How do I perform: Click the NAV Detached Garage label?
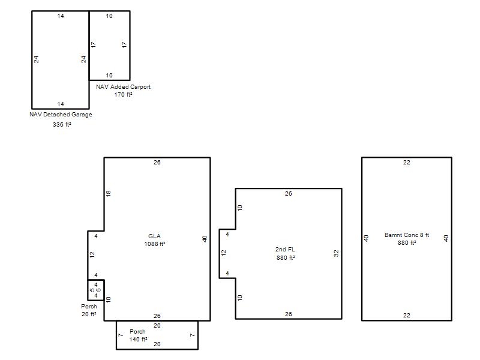coord(61,115)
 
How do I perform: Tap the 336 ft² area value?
coord(62,125)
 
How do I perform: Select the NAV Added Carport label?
coord(124,87)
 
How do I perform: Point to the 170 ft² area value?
coord(124,95)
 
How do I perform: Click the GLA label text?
coord(154,236)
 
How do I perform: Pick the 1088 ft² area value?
coord(155,244)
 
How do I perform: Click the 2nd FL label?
coord(285,250)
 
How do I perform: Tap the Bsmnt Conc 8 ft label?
coord(407,235)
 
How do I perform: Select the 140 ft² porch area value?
coord(139,340)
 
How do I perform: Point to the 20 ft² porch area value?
coord(89,314)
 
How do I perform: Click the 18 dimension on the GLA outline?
coord(109,193)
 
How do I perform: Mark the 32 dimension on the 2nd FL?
coord(336,253)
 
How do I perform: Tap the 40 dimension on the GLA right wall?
coord(205,239)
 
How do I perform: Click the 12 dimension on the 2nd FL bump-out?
coord(224,253)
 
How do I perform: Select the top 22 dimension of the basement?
coord(407,163)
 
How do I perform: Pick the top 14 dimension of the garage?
coord(61,16)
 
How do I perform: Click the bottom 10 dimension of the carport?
coord(109,76)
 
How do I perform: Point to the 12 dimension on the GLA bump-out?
coord(92,254)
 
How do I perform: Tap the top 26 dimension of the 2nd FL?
coord(289,193)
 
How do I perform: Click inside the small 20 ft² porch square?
coord(96,290)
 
